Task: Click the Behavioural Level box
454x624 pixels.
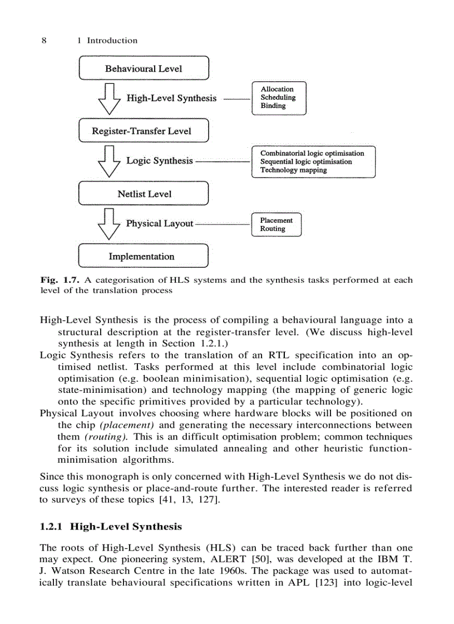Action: [144, 68]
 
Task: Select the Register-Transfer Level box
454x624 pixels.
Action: [144, 131]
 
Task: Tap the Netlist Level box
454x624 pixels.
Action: [144, 194]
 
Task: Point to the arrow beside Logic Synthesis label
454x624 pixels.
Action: [109, 161]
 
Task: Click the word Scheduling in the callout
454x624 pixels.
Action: [278, 97]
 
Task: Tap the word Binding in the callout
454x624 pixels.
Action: [273, 106]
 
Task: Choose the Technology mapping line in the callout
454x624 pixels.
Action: [293, 170]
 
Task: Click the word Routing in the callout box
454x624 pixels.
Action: [273, 228]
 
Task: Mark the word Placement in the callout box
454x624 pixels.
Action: [276, 220]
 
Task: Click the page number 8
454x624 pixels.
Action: [44, 40]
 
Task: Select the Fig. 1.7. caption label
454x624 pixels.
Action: [58, 280]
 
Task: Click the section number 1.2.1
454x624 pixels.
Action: [53, 526]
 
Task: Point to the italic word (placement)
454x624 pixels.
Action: [126, 425]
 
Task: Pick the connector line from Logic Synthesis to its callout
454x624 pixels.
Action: [223, 161]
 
